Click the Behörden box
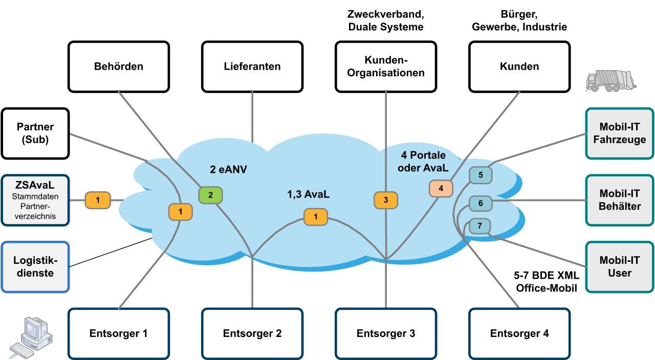(x=119, y=66)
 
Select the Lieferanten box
(x=252, y=66)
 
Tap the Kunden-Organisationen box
(x=386, y=66)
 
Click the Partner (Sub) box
(x=35, y=133)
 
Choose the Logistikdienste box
(x=35, y=267)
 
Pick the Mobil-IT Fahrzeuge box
(x=620, y=133)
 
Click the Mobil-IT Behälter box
(x=620, y=200)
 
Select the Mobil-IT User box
(x=620, y=267)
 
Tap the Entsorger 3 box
(x=386, y=334)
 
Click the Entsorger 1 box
(x=119, y=334)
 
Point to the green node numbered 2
(x=210, y=195)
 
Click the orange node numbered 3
(x=386, y=200)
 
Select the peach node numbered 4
(x=441, y=189)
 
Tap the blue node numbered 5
(x=481, y=175)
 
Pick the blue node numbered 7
(x=479, y=226)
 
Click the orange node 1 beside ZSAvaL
(x=98, y=200)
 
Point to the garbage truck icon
(x=611, y=81)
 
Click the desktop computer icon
(x=31, y=337)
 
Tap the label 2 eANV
(x=228, y=169)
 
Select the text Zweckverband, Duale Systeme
(x=386, y=20)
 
